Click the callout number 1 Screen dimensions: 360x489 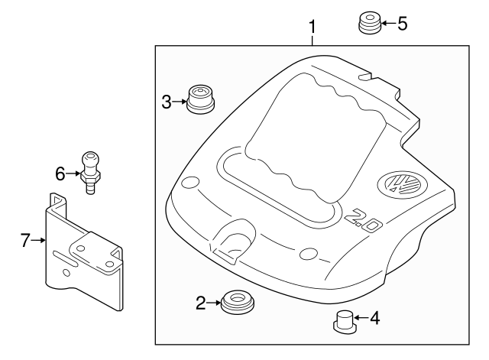312,28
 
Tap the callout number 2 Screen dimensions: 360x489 201,303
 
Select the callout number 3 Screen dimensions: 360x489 167,101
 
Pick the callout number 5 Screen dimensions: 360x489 402,23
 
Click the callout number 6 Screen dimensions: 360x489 60,174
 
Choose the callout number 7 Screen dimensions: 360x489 24,241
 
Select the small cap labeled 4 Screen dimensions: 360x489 345,321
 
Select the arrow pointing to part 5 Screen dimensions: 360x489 387,23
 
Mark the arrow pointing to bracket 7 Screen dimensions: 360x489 37,241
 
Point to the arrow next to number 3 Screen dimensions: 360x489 180,101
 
